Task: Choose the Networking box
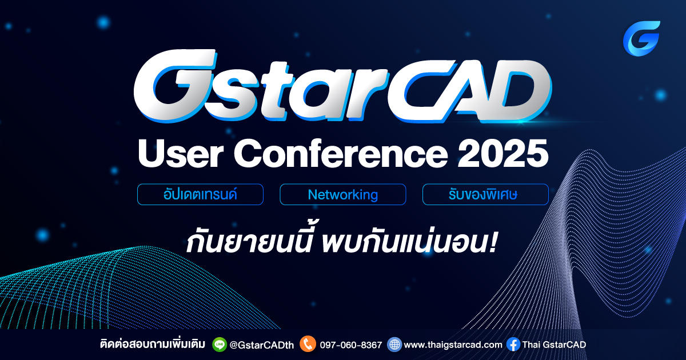click(342, 194)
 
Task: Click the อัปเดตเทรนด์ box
click(200, 194)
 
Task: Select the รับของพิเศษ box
click(485, 194)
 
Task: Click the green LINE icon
click(219, 344)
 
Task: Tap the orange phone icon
click(308, 344)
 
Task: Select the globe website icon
click(394, 344)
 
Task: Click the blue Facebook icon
click(513, 344)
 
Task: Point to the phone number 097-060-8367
click(350, 345)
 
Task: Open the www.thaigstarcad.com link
click(453, 345)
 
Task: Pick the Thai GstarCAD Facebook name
click(554, 345)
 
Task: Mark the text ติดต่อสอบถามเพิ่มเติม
click(153, 345)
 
